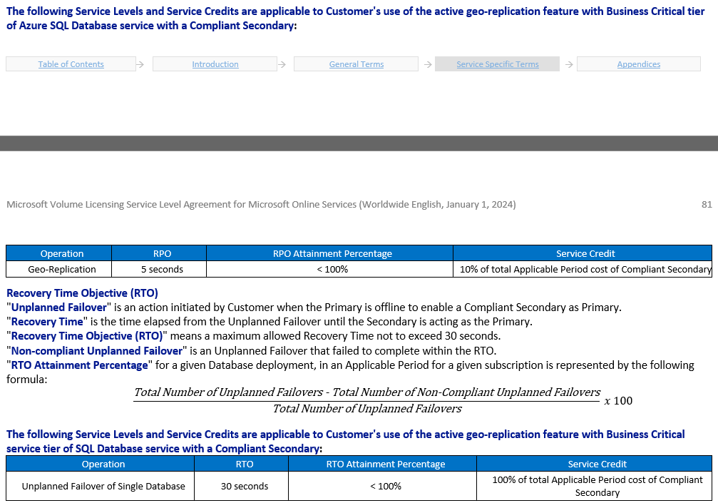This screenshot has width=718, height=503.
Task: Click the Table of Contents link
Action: coord(71,64)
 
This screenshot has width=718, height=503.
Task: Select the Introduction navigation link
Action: coord(215,64)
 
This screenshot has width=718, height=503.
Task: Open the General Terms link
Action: coord(356,64)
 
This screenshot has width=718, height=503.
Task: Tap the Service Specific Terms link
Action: coord(497,64)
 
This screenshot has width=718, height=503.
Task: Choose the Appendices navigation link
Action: coord(638,64)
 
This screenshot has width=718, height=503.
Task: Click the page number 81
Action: coord(707,205)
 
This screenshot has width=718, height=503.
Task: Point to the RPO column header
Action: coord(162,253)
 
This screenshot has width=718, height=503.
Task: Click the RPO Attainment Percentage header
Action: coord(332,253)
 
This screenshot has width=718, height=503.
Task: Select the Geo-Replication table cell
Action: coord(62,269)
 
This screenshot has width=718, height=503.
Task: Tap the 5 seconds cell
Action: coord(162,269)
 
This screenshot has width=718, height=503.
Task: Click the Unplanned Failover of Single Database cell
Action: coord(103,486)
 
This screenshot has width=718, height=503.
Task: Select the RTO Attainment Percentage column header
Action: coord(385,464)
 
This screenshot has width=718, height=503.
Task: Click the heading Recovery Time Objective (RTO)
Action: coord(82,293)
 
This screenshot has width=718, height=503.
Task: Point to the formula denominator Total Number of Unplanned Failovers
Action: coord(366,409)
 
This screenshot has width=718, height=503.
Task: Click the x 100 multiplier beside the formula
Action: coord(617,400)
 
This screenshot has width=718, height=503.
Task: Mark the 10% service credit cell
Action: coord(585,269)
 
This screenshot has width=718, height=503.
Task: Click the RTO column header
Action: coord(244,464)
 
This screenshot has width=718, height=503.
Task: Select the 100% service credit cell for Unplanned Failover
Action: coord(597,486)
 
